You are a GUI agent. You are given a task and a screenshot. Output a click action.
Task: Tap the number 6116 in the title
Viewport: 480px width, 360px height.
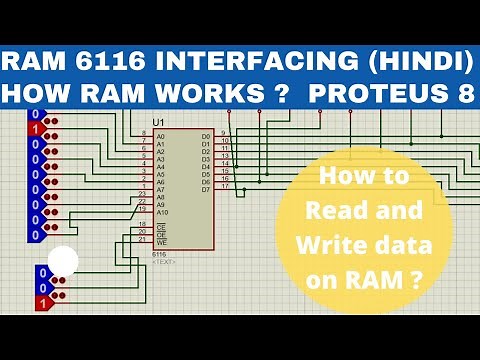coord(110,61)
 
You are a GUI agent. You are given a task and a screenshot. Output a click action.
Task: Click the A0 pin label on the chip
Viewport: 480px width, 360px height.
coord(160,135)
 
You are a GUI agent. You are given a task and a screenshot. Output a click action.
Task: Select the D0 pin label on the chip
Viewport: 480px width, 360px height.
coord(206,135)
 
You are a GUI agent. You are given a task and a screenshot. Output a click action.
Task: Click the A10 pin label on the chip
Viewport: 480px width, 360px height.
coord(162,213)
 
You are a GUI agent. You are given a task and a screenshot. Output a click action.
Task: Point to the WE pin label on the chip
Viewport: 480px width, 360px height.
coord(161,241)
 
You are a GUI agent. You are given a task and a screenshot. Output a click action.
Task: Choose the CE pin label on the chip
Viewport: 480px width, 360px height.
coord(161,226)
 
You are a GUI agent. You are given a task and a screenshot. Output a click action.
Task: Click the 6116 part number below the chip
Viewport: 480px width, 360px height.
coord(158,254)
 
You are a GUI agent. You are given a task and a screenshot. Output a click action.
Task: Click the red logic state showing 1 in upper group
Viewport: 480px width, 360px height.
coord(36,129)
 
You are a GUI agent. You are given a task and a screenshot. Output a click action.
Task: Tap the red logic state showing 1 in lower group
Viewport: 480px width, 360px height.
coord(40,301)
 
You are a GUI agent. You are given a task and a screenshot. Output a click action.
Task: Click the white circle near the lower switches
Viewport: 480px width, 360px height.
coord(63,263)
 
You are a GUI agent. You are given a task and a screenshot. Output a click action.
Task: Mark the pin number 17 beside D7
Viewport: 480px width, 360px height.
coord(226,186)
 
